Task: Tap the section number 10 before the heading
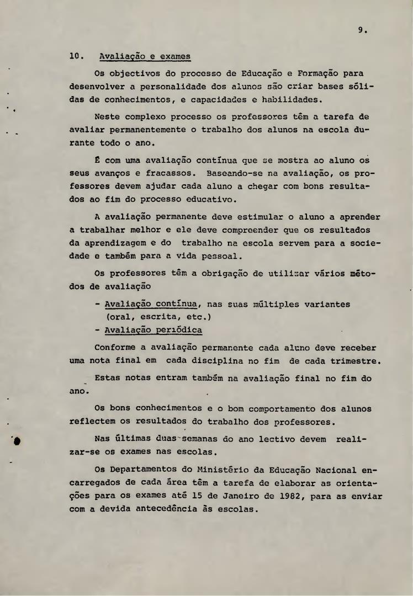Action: (x=76, y=56)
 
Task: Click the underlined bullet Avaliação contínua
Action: (x=148, y=304)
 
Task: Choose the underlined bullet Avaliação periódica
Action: (x=153, y=331)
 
